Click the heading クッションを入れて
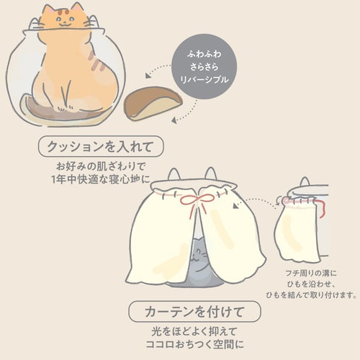coord(100,146)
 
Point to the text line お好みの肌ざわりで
coord(100,167)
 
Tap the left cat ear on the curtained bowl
coord(174,174)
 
